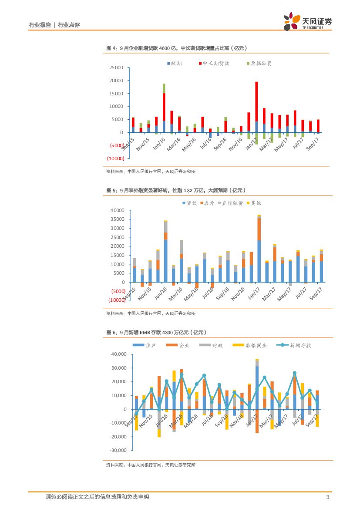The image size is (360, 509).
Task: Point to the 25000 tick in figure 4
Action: click(x=116, y=68)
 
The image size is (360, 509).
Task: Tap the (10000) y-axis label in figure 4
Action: click(x=115, y=158)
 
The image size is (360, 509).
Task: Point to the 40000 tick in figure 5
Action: click(x=118, y=210)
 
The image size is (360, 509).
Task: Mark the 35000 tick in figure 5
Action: click(x=118, y=219)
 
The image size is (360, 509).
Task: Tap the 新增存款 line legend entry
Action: click(x=296, y=345)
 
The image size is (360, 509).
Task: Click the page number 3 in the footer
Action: click(x=327, y=497)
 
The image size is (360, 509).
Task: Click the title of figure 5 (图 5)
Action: click(x=176, y=190)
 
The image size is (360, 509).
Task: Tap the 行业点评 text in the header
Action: click(x=69, y=25)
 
